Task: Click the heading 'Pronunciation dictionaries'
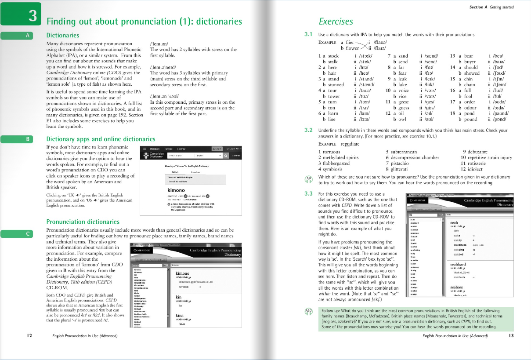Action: click(83, 222)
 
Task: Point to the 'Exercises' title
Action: click(336, 21)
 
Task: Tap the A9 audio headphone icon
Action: click(309, 179)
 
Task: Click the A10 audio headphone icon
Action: click(309, 311)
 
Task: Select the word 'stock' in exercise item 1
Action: click(333, 56)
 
